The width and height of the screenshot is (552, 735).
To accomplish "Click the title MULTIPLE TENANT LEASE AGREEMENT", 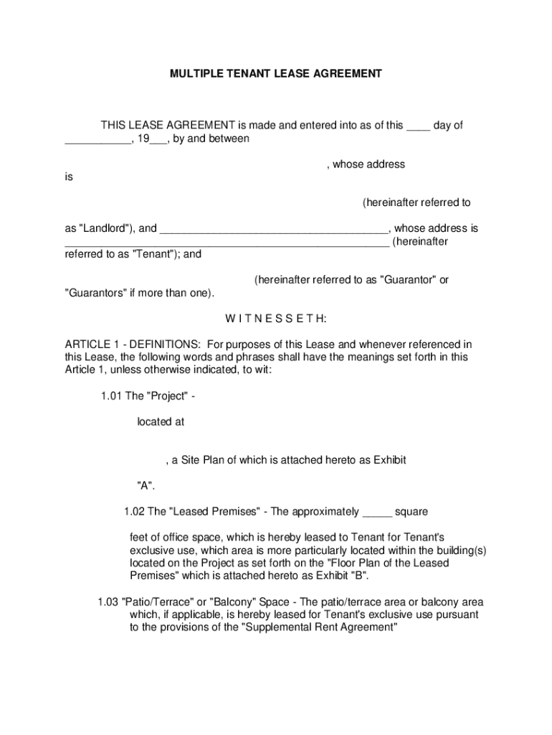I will (x=275, y=73).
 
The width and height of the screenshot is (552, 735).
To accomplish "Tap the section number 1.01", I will (x=112, y=396).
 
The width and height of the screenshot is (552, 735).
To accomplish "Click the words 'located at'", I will (x=161, y=422).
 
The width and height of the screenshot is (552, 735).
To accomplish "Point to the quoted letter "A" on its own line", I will (x=146, y=485).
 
